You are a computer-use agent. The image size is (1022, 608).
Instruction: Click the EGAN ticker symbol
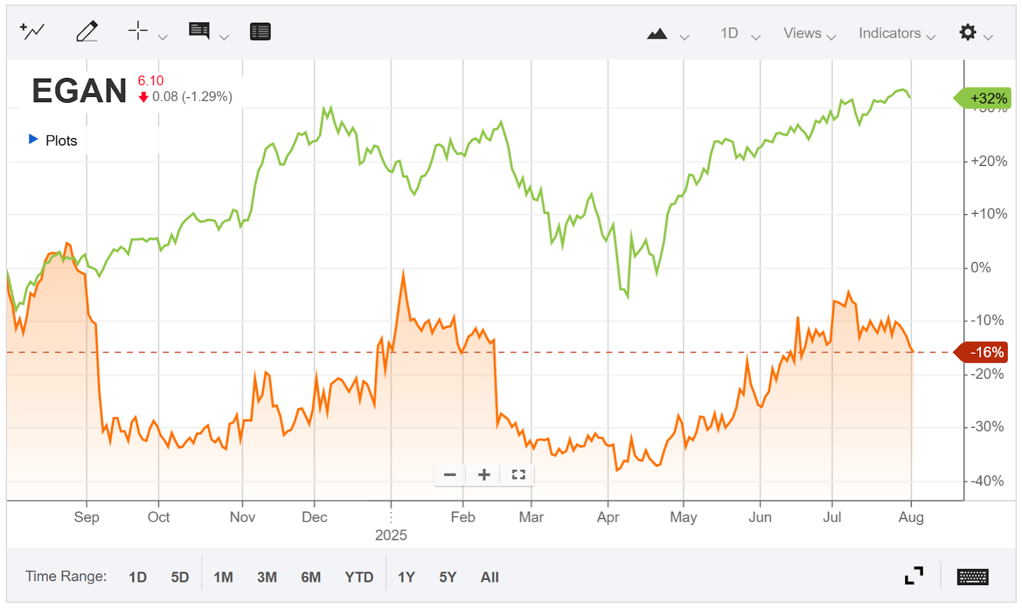[x=79, y=91]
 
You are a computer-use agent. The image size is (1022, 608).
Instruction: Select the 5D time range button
[x=179, y=577]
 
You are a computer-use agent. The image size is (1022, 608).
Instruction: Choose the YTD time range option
[x=358, y=577]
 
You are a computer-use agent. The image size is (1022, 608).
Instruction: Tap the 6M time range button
[x=310, y=577]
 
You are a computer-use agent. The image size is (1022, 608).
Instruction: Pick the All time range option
[x=489, y=577]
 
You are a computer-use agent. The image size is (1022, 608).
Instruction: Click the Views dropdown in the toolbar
[x=809, y=34]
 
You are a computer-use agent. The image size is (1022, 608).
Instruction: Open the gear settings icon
[x=968, y=33]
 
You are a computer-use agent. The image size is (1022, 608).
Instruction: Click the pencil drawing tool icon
[x=87, y=31]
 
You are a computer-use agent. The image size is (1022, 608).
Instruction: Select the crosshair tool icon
[x=138, y=31]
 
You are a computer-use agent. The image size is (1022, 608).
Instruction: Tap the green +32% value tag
[x=987, y=98]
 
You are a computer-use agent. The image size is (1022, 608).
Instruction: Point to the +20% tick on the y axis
[x=988, y=161]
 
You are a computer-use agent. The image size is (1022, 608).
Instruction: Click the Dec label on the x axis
[x=314, y=517]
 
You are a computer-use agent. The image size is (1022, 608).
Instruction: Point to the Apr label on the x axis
[x=607, y=517]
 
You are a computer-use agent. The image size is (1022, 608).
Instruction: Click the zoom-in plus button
[x=484, y=475]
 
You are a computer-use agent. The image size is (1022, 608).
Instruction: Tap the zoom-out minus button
[x=450, y=475]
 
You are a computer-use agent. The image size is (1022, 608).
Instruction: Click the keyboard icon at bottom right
[x=972, y=577]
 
